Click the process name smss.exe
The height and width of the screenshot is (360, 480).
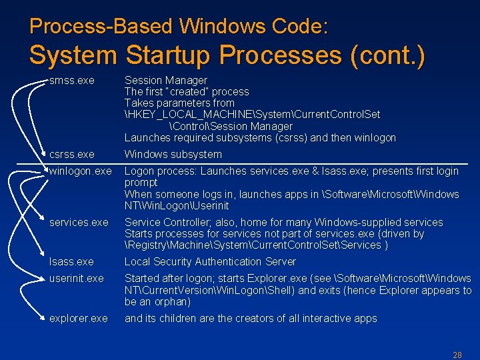click(x=71, y=81)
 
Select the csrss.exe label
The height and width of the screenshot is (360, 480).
click(x=71, y=155)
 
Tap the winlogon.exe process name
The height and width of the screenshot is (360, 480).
click(x=80, y=171)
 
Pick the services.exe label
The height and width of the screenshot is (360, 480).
click(x=78, y=223)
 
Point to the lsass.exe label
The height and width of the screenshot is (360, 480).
click(x=71, y=262)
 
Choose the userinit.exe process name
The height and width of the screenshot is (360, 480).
click(x=76, y=279)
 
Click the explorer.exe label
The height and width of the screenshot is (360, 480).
click(x=78, y=319)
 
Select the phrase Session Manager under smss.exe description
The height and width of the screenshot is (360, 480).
click(x=166, y=81)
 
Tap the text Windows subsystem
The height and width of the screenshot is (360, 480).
click(x=173, y=155)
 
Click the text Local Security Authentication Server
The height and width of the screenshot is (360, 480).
click(x=210, y=262)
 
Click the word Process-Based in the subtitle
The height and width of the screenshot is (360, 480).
click(x=102, y=27)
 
